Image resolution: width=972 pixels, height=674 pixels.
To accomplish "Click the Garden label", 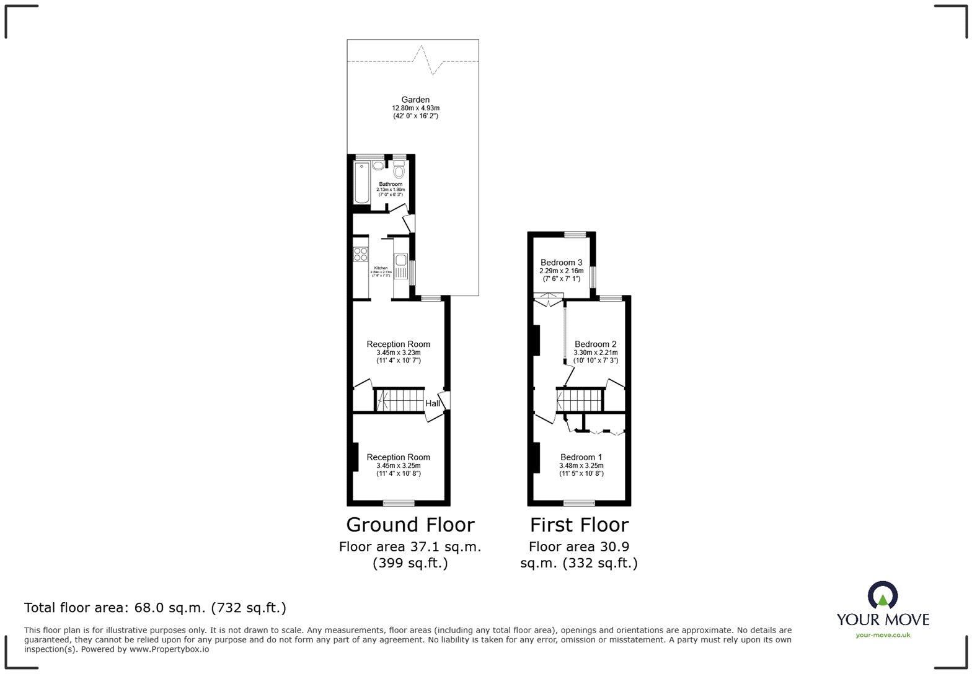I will point(415,100).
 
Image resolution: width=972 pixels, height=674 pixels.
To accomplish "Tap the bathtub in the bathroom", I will point(361,183).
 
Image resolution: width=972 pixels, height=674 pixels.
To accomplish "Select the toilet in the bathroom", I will point(399,170).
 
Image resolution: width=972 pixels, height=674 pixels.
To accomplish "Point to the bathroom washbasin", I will point(379,166).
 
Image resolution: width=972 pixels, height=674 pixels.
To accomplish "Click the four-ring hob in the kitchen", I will point(361,255).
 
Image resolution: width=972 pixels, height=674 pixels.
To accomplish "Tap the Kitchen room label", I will point(381,268).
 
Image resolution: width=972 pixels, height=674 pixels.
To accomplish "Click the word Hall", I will point(432,404).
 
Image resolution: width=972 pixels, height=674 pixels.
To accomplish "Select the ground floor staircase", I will point(400,400).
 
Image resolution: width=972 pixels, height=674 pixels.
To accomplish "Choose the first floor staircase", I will point(580,400).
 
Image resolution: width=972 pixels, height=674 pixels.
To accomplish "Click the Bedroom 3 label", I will point(561,263).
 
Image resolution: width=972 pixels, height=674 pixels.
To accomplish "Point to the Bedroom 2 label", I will point(595,344).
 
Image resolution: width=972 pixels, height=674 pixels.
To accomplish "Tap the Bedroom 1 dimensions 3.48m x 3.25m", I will point(581,466).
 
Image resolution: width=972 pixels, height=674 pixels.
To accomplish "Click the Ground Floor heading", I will point(410,525).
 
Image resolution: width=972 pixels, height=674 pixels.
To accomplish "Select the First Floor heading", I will point(579,525).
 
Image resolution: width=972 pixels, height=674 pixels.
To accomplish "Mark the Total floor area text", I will point(155,608).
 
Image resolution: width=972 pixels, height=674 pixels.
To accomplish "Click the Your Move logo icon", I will point(883,595).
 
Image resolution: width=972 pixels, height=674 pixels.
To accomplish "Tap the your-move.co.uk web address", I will point(883,634).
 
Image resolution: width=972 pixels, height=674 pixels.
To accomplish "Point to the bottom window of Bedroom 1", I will point(579,502).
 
